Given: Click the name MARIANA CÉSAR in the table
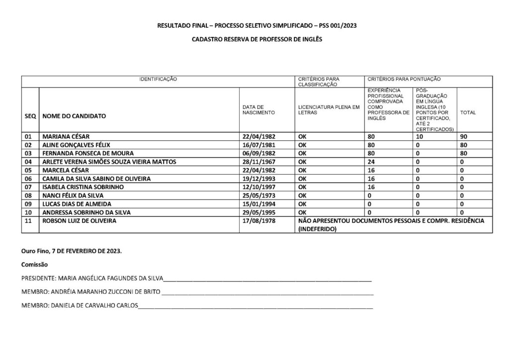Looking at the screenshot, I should coord(66,136).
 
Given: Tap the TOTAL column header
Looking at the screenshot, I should coord(468,112).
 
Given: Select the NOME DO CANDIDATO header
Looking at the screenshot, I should coord(74,116).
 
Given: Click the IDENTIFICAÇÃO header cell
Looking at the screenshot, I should coord(158,79).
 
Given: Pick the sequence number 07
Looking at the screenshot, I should coord(28,187).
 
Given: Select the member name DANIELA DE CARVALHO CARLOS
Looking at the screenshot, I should coord(93,305).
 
